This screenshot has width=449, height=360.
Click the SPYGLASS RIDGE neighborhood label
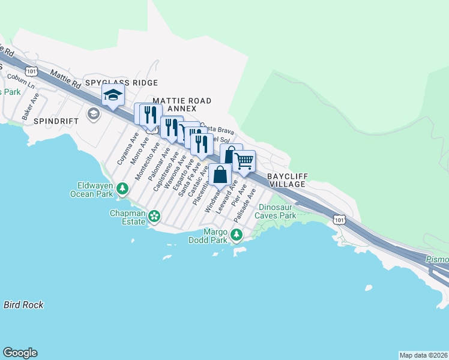(121, 83)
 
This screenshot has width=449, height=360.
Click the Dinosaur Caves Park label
(277, 211)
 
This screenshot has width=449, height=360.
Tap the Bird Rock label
(23, 305)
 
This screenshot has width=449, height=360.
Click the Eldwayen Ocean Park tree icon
(122, 189)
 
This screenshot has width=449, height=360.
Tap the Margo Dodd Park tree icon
(237, 235)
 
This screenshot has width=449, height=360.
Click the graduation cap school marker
(113, 95)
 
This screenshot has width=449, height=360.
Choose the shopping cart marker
(243, 160)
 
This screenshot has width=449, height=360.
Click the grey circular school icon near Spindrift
(93, 113)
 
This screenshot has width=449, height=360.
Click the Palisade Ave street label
(247, 205)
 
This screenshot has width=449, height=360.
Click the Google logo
(20, 353)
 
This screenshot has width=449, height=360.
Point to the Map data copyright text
(423, 355)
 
